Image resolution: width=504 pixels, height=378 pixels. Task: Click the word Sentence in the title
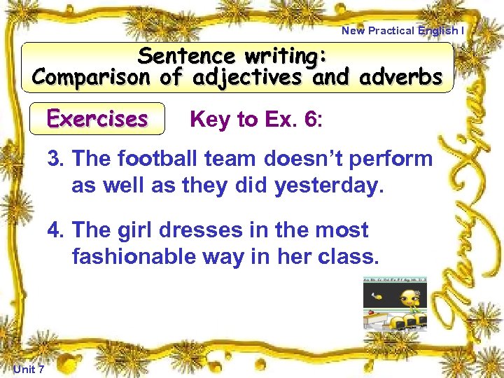[x=188, y=55]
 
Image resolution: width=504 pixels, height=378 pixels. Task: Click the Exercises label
[x=97, y=118]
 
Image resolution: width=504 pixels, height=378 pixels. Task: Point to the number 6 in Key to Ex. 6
[x=310, y=120]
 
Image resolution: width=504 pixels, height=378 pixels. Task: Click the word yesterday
[x=329, y=185]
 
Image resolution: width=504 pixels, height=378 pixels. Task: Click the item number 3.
[x=55, y=159]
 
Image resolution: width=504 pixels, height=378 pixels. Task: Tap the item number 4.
[x=55, y=230]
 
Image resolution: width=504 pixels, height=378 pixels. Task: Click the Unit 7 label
[x=29, y=369]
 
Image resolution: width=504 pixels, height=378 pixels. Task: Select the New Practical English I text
[x=402, y=30]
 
